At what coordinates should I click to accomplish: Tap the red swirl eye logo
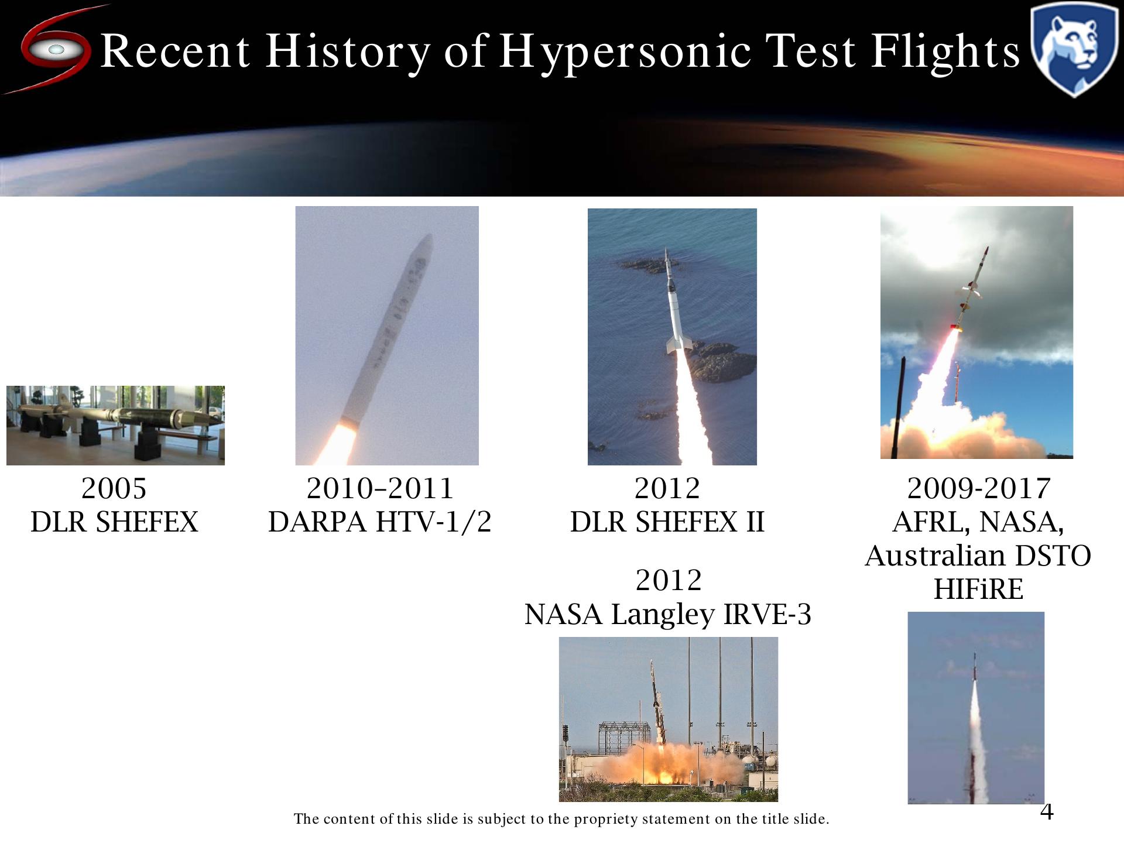click(55, 49)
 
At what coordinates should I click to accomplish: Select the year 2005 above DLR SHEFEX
click(114, 488)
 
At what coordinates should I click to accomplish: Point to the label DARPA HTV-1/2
click(379, 522)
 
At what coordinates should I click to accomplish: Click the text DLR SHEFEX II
click(667, 522)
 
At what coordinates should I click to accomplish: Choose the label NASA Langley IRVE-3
click(668, 614)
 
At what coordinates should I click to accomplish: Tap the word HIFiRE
click(978, 589)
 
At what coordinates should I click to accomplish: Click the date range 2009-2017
click(979, 488)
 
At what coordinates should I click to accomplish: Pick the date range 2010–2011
click(380, 488)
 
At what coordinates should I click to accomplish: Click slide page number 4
click(1047, 811)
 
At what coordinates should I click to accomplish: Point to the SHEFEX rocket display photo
click(115, 426)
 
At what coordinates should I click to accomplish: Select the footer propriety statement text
click(561, 818)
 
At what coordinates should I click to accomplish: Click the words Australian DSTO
click(978, 556)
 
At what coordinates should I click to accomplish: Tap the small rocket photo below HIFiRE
click(976, 708)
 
